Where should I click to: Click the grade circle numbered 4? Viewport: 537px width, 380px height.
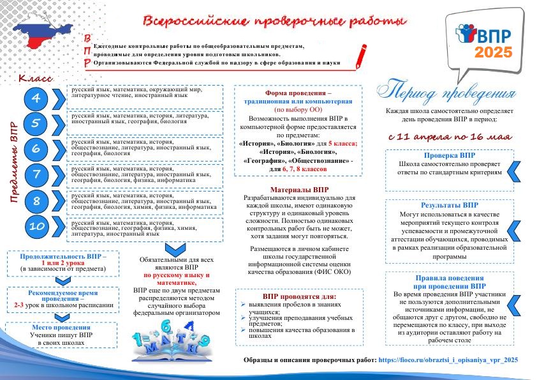pyautogui.click(x=36, y=98)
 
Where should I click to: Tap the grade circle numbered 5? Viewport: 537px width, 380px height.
pyautogui.click(x=36, y=123)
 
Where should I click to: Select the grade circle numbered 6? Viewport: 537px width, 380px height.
pyautogui.click(x=36, y=149)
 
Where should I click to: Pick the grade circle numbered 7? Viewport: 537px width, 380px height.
pyautogui.click(x=36, y=174)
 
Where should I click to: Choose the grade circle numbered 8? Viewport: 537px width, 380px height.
pyautogui.click(x=36, y=201)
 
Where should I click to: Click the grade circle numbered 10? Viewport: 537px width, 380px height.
pyautogui.click(x=36, y=226)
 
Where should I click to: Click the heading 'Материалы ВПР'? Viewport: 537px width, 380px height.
pyautogui.click(x=300, y=190)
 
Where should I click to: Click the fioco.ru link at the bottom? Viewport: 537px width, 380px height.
pyautogui.click(x=448, y=360)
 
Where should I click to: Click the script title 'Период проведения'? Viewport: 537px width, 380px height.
pyautogui.click(x=447, y=91)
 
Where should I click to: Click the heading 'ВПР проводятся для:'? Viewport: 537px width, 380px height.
pyautogui.click(x=299, y=296)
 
